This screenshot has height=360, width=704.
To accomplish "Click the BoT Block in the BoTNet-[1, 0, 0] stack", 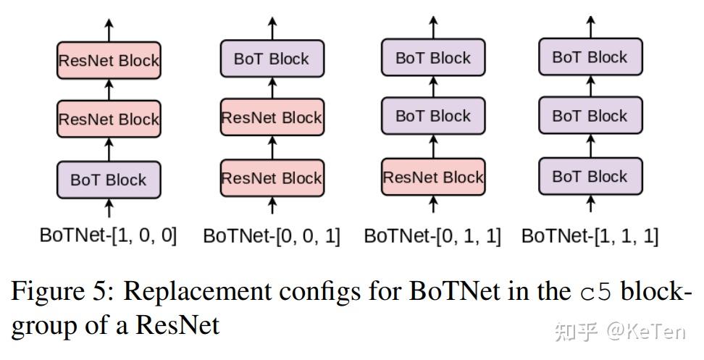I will pos(109,180).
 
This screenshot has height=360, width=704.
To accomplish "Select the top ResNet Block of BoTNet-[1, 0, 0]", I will pos(109,61).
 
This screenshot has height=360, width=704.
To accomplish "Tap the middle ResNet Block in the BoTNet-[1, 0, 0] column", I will pos(109,120).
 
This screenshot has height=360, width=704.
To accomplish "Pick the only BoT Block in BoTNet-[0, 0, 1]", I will pos(272,59).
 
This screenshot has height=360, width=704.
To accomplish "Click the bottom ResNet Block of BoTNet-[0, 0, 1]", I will pos(272,178).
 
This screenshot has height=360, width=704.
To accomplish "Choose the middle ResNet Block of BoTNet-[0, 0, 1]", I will pos(272,118).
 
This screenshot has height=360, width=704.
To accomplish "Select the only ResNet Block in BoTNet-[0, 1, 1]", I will pos(433,177).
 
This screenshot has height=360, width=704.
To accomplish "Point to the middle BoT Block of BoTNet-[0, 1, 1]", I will pos(433,117).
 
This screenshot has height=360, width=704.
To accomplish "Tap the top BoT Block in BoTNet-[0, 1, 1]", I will pos(433,58).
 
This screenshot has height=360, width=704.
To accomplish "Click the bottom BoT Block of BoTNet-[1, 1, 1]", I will pos(590,177).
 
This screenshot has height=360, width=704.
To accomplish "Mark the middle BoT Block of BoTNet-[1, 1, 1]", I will pos(590,116).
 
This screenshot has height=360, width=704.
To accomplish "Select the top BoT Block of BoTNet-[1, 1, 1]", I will pos(590,57).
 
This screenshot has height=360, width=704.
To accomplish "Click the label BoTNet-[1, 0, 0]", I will pos(109,235).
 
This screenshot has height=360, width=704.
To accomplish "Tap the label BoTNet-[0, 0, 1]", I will pos(272,236).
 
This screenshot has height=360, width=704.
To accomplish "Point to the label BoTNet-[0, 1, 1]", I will pos(432,236).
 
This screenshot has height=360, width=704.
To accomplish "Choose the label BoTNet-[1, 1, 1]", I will pos(590,236).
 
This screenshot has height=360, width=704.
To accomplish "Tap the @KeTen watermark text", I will pos(645,331).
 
